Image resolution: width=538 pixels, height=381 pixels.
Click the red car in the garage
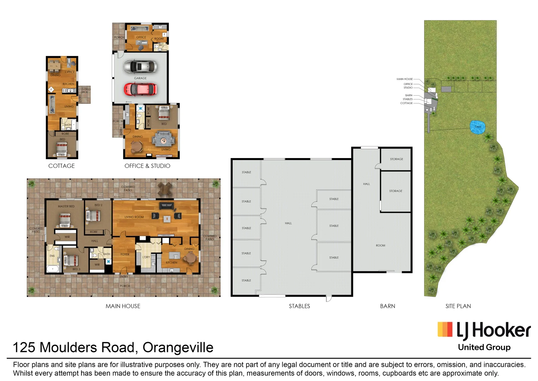tap(140, 89)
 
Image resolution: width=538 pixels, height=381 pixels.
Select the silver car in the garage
tap(140, 66)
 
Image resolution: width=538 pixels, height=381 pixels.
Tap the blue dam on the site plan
tap(478, 127)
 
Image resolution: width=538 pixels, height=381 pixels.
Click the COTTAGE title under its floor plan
tap(61, 166)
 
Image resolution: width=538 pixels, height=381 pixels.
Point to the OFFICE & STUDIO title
tap(147, 166)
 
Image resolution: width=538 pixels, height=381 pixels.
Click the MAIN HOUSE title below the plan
tap(123, 306)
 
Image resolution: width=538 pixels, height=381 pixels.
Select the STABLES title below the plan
tap(299, 306)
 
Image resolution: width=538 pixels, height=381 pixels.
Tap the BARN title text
tap(387, 306)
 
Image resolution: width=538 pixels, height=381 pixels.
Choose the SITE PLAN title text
tap(458, 306)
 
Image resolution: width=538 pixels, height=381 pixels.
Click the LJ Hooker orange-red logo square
tap(445, 329)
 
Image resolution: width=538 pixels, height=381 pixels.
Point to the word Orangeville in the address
tap(178, 347)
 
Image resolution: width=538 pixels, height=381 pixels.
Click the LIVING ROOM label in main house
tap(134, 217)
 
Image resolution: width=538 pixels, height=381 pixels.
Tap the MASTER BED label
tap(66, 206)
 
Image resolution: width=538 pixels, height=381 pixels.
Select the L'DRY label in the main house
tap(146, 257)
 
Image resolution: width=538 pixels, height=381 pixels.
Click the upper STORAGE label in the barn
tap(396, 159)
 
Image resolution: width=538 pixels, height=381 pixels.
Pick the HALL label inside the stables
tap(288, 223)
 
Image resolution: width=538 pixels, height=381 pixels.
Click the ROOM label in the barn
tap(380, 246)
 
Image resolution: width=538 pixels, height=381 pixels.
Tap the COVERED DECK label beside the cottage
tap(85, 91)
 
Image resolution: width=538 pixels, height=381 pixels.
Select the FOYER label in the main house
tap(125, 254)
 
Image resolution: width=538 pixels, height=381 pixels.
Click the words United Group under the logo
tap(484, 347)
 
